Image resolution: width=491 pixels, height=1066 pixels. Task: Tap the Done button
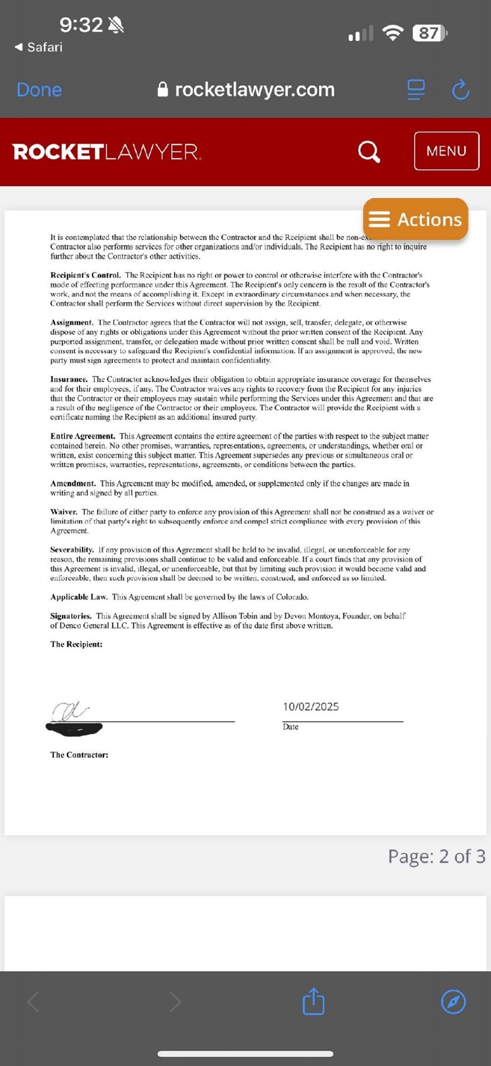coord(39,89)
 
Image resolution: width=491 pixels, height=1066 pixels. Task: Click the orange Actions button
coord(415,219)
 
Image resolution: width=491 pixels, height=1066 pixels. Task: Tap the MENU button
coord(446,151)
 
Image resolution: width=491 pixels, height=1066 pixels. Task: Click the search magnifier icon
coord(369,151)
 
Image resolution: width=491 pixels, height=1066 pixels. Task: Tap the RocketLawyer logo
coord(107,152)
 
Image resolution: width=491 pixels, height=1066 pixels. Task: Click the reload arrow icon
coord(460,89)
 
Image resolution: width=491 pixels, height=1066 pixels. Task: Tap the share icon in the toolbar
coord(314,1001)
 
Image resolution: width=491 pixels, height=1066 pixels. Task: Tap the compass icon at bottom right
coord(453,1001)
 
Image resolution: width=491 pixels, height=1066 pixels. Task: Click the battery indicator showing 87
coord(429,33)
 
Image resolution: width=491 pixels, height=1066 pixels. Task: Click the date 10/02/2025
coord(311,706)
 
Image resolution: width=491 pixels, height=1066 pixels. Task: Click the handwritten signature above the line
coord(70,711)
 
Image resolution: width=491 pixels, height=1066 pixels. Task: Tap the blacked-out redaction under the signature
coord(74,729)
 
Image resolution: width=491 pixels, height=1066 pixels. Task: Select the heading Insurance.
coord(69,379)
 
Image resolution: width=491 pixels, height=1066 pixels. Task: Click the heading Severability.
coord(72,550)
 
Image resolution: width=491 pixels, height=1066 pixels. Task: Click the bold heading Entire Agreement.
coord(82,436)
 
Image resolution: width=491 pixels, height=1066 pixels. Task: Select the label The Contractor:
coord(79,755)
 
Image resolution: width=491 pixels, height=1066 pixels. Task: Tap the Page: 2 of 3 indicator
coord(436,856)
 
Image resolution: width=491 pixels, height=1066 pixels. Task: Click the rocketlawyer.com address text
coord(254,89)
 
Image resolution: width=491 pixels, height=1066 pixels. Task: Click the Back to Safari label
coord(39,47)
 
